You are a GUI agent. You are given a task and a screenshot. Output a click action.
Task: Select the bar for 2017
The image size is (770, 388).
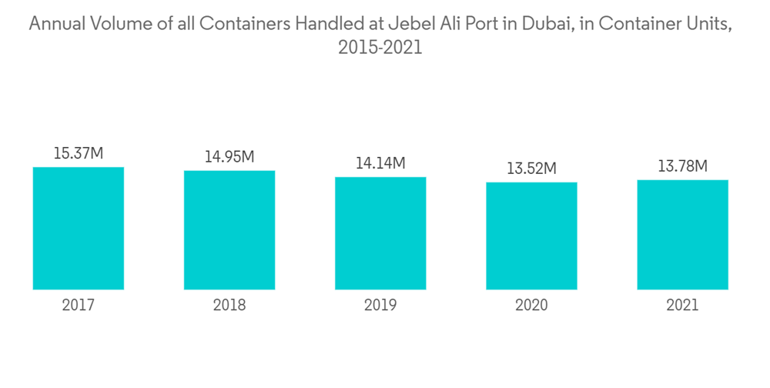79,228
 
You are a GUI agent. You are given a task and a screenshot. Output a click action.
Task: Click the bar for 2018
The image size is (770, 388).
229,229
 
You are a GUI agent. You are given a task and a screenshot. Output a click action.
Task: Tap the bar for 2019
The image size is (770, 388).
380,233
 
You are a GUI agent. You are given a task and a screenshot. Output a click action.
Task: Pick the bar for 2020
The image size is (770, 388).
531,236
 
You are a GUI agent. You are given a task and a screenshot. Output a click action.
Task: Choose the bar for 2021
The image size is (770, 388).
682,235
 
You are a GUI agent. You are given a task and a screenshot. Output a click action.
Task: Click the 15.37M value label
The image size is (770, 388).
79,153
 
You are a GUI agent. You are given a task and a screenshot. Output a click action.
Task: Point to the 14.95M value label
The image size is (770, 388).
229,156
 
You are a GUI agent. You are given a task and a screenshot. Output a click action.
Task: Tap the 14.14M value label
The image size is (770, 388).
380,163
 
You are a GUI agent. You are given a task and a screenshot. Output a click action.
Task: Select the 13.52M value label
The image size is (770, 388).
531,168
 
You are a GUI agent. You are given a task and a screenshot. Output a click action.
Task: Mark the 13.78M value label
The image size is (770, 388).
682,166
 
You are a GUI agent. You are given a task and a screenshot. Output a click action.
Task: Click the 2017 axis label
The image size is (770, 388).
79,306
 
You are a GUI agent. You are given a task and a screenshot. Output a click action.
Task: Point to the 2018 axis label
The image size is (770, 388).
229,306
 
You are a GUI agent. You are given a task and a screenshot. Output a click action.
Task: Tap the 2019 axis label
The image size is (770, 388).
380,306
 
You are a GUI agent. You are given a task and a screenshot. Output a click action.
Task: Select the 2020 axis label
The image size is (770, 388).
531,306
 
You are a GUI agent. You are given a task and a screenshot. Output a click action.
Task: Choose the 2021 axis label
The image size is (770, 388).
682,306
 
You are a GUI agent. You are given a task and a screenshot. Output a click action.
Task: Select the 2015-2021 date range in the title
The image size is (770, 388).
380,48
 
